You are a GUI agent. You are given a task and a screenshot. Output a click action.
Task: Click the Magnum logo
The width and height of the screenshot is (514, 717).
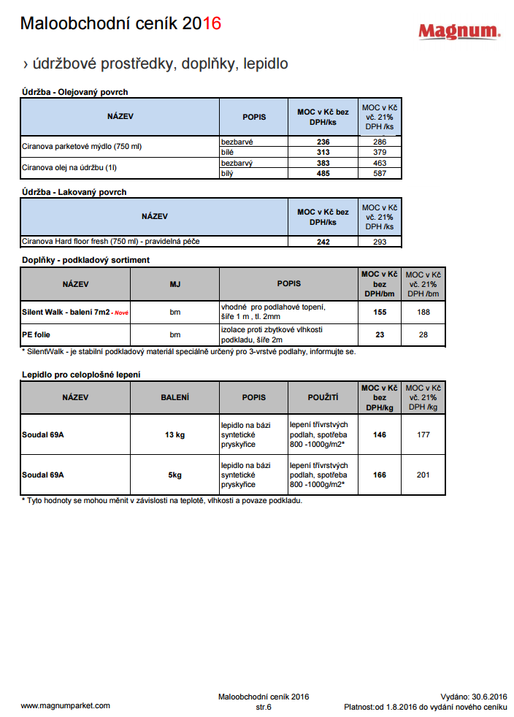[x=459, y=31]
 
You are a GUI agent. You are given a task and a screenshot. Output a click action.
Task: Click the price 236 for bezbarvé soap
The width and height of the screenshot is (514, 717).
[x=323, y=142]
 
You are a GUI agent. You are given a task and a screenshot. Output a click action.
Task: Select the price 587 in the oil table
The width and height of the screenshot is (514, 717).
[x=380, y=174]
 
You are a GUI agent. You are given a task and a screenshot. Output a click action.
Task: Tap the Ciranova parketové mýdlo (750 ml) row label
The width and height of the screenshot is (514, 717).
[x=82, y=147]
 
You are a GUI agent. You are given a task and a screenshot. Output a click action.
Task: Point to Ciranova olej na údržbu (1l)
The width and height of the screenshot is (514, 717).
[x=70, y=168]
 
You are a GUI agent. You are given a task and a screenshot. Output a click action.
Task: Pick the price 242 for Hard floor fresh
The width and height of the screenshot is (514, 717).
[x=323, y=242]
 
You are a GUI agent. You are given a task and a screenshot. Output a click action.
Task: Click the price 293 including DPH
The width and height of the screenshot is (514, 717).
[x=380, y=242]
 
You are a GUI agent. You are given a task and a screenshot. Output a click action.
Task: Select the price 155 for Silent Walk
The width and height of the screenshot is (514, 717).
[x=380, y=312]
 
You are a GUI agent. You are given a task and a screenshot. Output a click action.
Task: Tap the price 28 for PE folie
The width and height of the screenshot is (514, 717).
[x=423, y=335]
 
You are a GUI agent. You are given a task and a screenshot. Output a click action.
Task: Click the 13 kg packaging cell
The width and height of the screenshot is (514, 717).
[x=174, y=435]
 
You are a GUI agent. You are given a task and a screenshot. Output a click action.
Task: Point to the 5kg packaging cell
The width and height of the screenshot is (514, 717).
[x=174, y=475]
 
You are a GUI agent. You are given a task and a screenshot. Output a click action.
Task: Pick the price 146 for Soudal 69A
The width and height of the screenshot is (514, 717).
[x=380, y=435]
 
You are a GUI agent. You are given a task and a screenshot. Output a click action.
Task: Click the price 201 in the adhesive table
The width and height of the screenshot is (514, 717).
[x=423, y=475]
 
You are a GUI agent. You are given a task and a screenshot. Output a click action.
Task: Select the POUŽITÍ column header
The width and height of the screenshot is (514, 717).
[x=323, y=397]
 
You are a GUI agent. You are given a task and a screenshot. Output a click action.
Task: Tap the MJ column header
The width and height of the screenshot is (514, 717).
[x=174, y=283]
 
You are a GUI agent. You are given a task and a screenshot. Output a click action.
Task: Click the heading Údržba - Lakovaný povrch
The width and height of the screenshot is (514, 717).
[x=74, y=192]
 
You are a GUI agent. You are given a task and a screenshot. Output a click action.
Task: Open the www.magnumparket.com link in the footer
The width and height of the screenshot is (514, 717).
[x=66, y=705]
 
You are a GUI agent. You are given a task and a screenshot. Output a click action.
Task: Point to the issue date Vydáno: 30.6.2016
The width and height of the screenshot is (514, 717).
[x=474, y=697]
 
